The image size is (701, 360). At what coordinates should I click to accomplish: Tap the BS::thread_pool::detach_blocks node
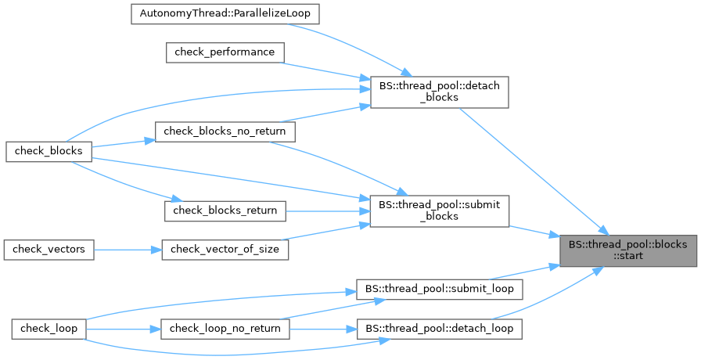(439, 92)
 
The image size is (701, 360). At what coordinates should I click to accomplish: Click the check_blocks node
(49, 150)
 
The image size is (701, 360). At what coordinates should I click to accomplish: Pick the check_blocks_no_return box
(225, 131)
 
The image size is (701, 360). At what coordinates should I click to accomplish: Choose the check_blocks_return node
(225, 210)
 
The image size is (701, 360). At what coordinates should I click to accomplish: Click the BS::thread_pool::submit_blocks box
(439, 211)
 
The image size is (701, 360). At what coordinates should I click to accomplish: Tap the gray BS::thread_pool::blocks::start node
(628, 250)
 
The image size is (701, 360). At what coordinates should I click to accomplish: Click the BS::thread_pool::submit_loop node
(439, 288)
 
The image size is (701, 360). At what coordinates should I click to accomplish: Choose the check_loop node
(49, 328)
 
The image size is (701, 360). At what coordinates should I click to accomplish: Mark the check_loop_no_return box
(225, 328)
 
